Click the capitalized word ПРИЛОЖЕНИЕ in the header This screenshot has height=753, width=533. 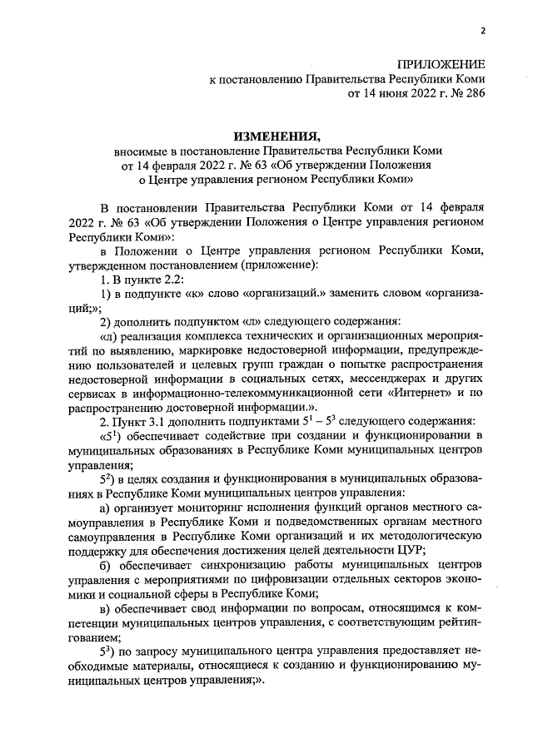pos(442,64)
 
